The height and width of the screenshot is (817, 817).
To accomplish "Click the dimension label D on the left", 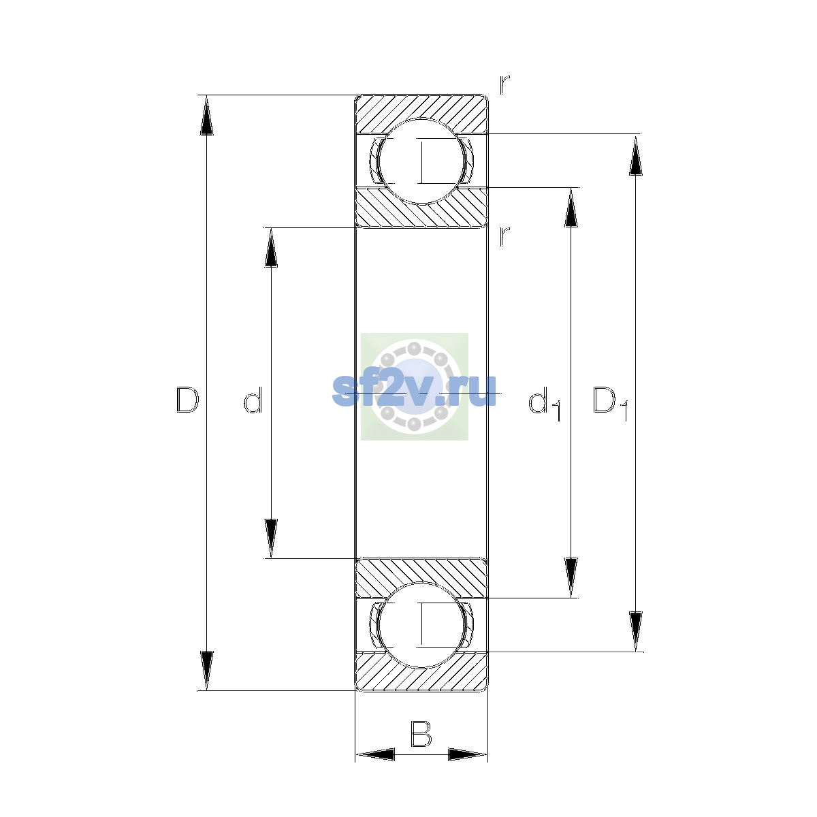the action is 187,400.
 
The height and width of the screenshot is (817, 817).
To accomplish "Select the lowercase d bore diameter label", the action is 253,400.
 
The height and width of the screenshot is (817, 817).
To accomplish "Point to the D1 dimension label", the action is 610,404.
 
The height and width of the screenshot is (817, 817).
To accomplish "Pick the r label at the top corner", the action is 504,85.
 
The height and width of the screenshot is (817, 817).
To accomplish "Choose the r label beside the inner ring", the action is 504,236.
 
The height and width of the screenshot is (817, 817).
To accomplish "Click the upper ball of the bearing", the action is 422,161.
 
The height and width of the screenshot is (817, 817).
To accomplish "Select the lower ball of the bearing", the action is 422,626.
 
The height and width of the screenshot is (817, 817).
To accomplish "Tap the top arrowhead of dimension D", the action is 206,115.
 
